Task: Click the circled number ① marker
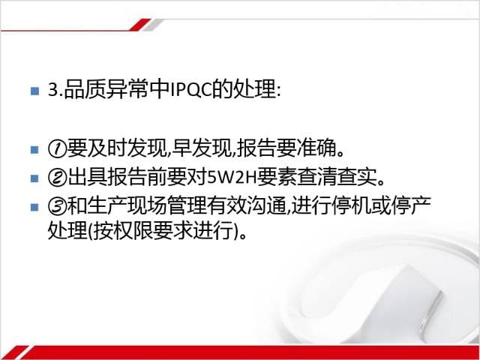pyautogui.click(x=57, y=149)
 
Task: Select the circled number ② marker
pyautogui.click(x=57, y=178)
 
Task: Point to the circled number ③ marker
pyautogui.click(x=57, y=206)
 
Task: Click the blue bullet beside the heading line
pyautogui.click(x=35, y=91)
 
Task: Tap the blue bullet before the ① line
pyautogui.click(x=35, y=150)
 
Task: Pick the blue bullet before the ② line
pyautogui.click(x=35, y=178)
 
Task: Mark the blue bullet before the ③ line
pyautogui.click(x=35, y=207)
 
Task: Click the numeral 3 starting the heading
pyautogui.click(x=53, y=90)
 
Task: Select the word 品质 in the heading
pyautogui.click(x=84, y=90)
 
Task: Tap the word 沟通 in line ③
pyautogui.click(x=267, y=206)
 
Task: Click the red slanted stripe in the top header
pyautogui.click(x=140, y=25)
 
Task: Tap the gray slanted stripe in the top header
pyautogui.click(x=152, y=25)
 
